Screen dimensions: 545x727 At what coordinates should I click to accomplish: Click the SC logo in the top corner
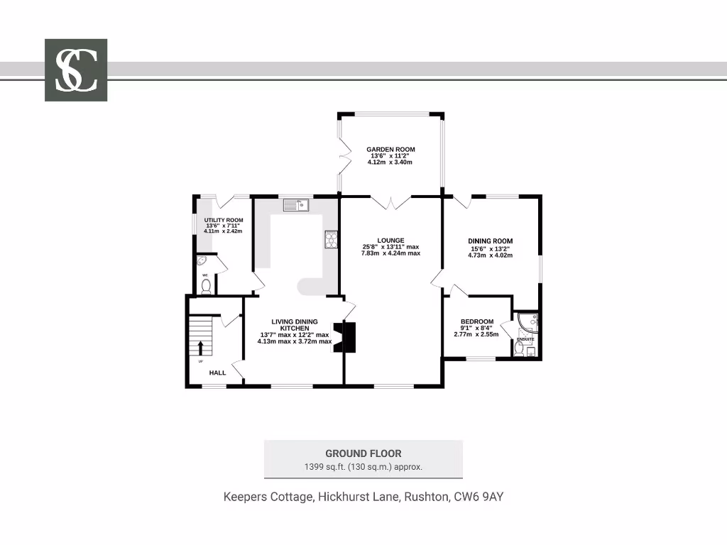click(76, 70)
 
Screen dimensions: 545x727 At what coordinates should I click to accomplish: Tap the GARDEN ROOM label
click(390, 150)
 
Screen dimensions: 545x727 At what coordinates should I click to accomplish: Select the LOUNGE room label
click(391, 241)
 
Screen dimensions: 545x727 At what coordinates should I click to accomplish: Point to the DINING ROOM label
click(490, 241)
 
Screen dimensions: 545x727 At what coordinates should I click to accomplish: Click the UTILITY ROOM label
click(224, 220)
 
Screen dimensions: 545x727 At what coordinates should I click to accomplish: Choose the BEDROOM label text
click(476, 321)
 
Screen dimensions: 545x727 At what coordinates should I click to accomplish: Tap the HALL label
click(217, 373)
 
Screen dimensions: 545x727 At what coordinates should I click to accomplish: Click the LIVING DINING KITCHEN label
click(294, 325)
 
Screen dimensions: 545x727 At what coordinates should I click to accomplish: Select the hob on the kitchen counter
click(331, 240)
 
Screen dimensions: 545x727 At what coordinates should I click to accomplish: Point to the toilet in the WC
click(206, 286)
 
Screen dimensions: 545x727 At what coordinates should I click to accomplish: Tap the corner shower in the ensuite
click(529, 323)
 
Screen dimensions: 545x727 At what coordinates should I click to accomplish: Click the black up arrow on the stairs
click(201, 348)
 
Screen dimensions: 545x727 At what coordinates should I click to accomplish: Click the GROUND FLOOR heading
click(363, 453)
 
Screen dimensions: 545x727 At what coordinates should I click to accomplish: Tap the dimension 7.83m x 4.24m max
click(390, 253)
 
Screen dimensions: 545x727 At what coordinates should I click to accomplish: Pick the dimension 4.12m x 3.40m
click(390, 163)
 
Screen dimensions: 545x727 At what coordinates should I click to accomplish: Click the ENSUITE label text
click(525, 340)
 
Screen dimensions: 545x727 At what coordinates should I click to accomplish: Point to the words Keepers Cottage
click(267, 497)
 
